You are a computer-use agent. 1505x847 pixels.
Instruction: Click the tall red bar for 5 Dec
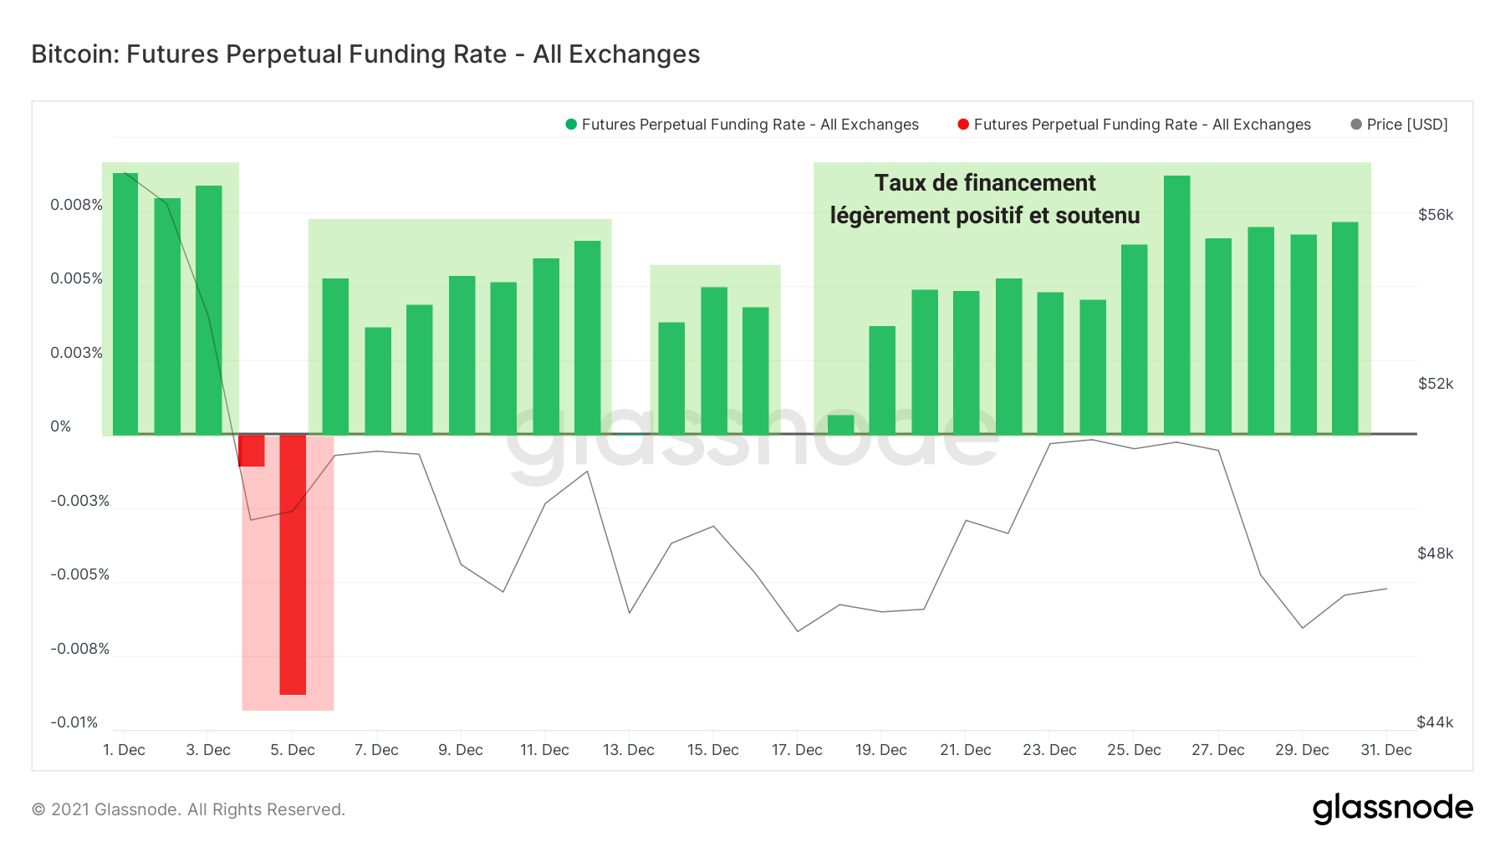tap(293, 564)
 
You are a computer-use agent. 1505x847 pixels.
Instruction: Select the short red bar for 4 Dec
tap(252, 451)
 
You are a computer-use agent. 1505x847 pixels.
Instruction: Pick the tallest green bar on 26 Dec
tap(1176, 305)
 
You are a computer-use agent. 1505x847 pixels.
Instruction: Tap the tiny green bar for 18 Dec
tap(840, 425)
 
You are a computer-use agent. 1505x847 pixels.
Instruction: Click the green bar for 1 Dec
tap(125, 304)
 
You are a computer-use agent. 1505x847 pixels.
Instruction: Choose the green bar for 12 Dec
tap(588, 338)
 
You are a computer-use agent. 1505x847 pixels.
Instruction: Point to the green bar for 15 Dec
tap(714, 360)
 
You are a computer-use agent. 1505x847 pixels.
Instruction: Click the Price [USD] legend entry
tap(1406, 125)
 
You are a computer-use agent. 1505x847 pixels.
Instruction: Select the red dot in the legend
tap(963, 125)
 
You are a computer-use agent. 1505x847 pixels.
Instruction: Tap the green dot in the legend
tap(571, 125)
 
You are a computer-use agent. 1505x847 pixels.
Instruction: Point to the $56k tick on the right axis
tap(1436, 215)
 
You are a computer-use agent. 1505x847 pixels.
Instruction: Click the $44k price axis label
tap(1435, 722)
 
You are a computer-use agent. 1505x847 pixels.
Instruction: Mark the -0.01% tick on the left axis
tap(74, 722)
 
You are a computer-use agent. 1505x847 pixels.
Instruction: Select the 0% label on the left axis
tap(61, 426)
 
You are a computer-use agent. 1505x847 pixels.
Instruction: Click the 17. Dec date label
tap(797, 750)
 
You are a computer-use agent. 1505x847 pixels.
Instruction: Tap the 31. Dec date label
tap(1385, 750)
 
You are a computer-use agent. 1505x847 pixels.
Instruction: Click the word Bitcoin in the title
tap(75, 54)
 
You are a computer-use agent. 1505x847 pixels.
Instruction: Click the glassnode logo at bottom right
tap(1392, 809)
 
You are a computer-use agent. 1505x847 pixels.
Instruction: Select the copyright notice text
tap(188, 809)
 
